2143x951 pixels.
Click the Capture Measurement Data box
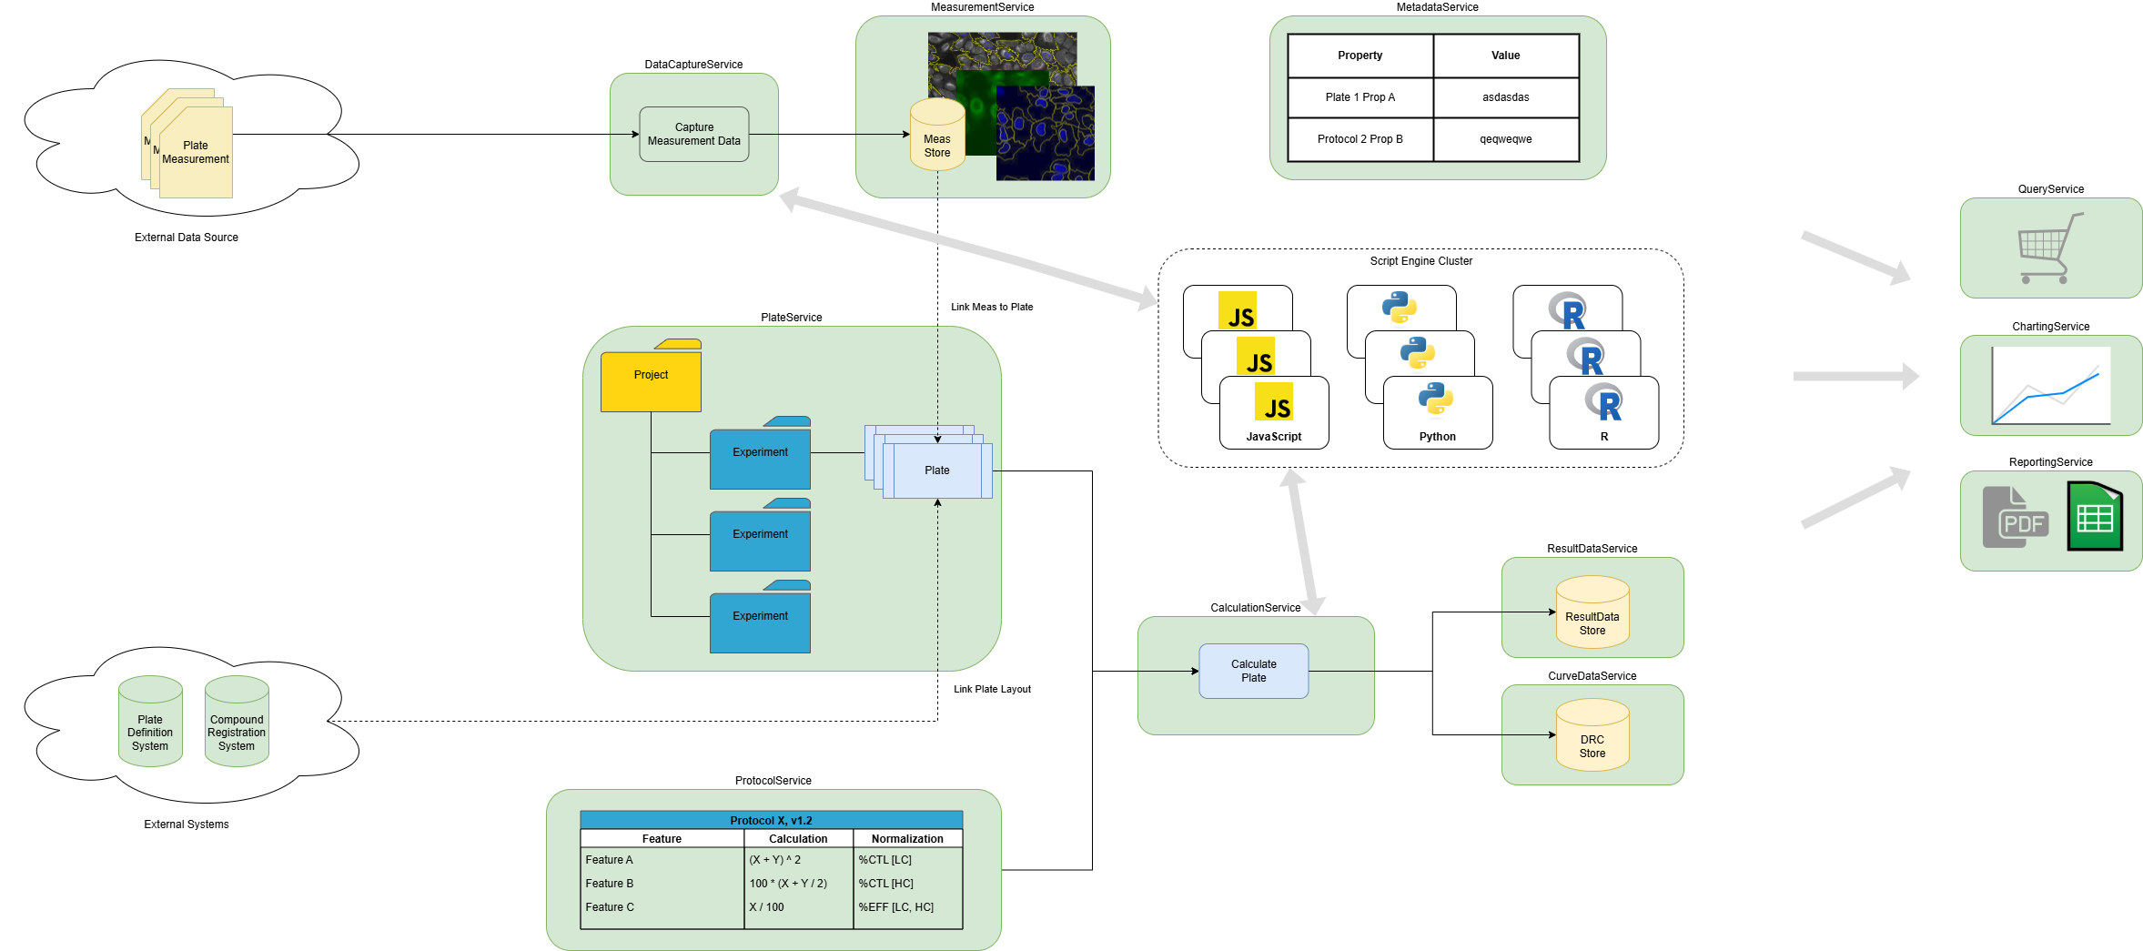pyautogui.click(x=693, y=135)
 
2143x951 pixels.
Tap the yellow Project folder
pyautogui.click(x=651, y=378)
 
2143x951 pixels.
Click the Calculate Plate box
pyautogui.click(x=1253, y=672)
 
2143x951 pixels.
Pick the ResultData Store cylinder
pyautogui.click(x=1592, y=613)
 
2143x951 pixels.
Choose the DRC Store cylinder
pyautogui.click(x=1592, y=736)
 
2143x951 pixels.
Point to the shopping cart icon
pyautogui.click(x=2048, y=248)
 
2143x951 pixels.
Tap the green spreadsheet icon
pyautogui.click(x=2094, y=516)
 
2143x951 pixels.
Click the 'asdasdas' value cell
pyautogui.click(x=1505, y=97)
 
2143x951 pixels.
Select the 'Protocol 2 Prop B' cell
pyautogui.click(x=1360, y=139)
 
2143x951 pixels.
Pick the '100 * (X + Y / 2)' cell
pyautogui.click(x=788, y=884)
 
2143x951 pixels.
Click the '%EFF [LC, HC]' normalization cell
pyautogui.click(x=896, y=907)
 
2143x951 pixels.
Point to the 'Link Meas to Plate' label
pyautogui.click(x=992, y=308)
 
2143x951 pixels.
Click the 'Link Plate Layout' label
pyautogui.click(x=992, y=690)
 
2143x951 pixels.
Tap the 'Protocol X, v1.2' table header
pyautogui.click(x=771, y=821)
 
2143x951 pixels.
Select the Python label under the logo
pyautogui.click(x=1437, y=437)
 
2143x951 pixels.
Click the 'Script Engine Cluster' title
pyautogui.click(x=1420, y=261)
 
